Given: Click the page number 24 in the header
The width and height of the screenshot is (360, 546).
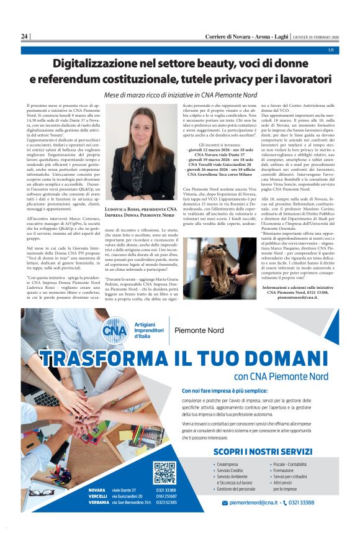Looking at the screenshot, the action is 24,37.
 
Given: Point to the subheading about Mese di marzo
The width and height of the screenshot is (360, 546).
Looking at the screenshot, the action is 180,95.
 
